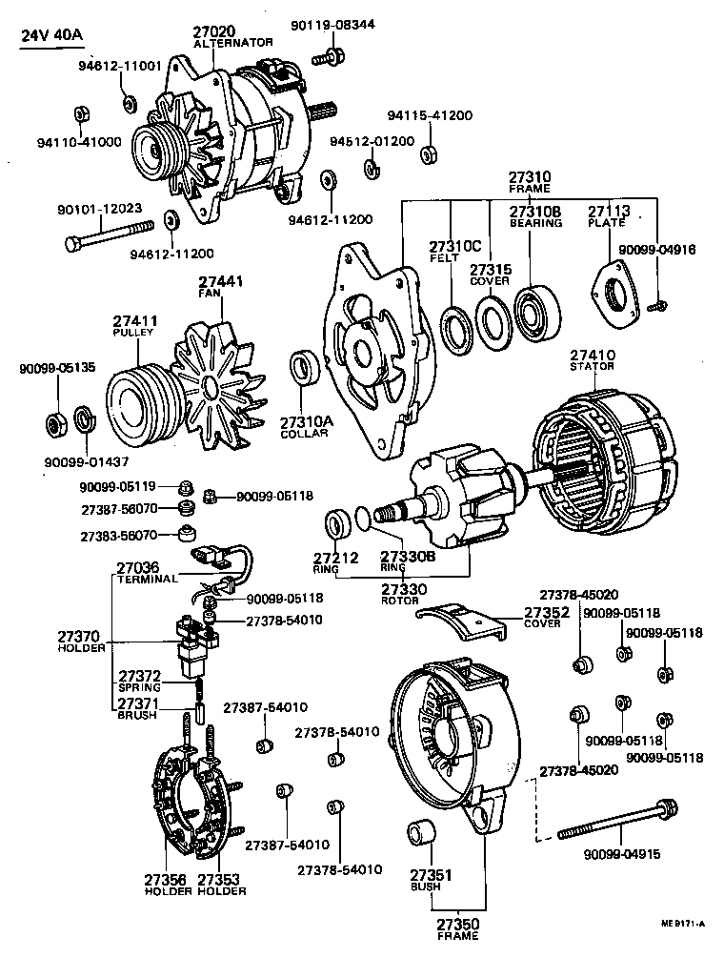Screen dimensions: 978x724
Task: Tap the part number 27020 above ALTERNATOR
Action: click(x=214, y=31)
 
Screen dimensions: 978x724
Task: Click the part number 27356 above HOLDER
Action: click(x=164, y=879)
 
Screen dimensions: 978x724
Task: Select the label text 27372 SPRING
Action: click(x=139, y=681)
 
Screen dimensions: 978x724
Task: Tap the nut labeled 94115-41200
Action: click(x=429, y=154)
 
